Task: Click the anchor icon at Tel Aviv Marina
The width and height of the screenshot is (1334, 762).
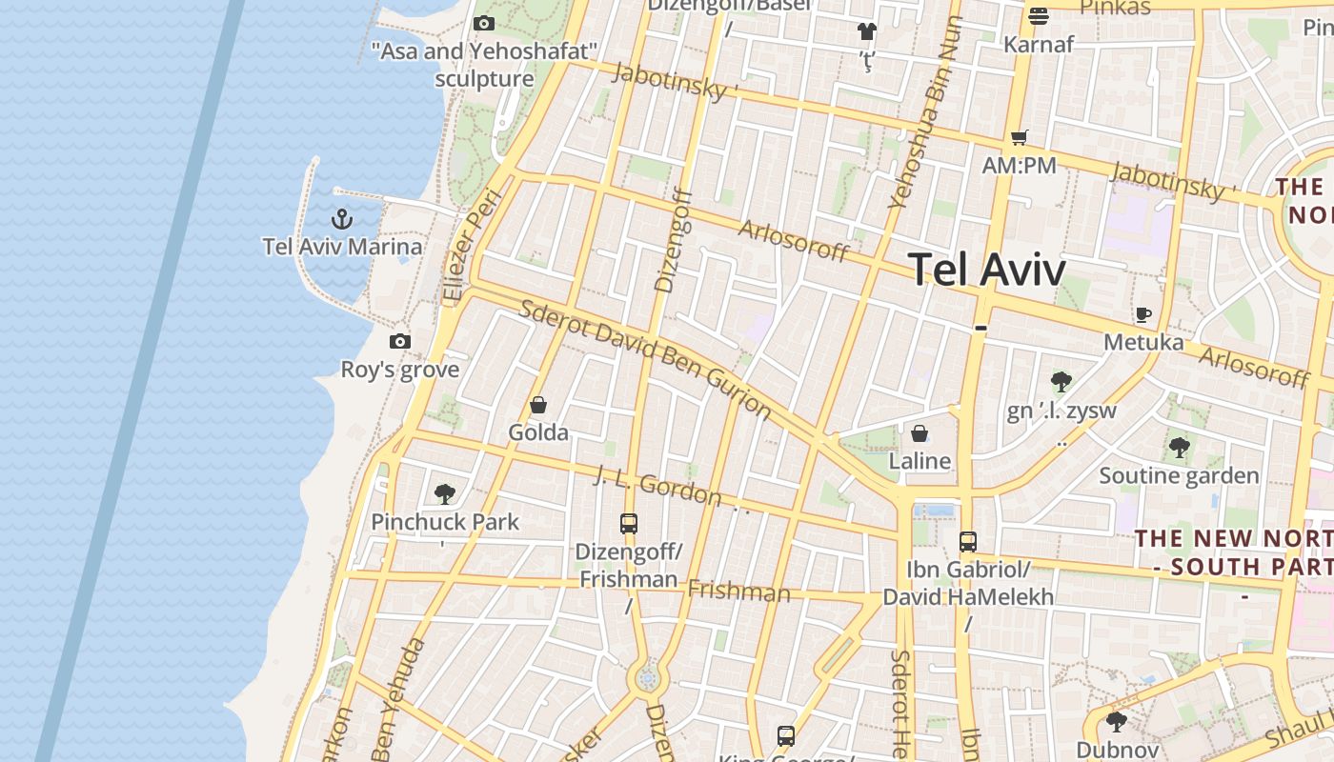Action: click(x=341, y=220)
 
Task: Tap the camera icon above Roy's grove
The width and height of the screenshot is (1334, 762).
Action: click(x=400, y=342)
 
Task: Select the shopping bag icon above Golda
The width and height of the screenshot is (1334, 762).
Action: click(x=538, y=406)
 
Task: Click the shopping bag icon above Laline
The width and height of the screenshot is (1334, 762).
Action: click(x=920, y=434)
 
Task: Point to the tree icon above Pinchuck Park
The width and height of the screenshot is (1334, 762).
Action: click(x=444, y=493)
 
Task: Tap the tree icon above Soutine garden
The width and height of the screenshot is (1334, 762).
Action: click(x=1180, y=447)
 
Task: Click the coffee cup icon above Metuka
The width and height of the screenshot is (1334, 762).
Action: click(x=1143, y=314)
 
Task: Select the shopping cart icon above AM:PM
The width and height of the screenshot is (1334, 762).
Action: click(x=1020, y=138)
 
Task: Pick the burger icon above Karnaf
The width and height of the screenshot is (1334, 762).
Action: click(x=1039, y=16)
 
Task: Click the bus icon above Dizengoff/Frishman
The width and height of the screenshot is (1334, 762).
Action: click(x=629, y=523)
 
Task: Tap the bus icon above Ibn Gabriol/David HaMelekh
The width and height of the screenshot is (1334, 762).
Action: click(x=968, y=542)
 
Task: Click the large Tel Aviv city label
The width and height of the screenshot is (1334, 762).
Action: click(x=986, y=270)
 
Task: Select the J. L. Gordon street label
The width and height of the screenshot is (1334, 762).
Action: click(x=657, y=486)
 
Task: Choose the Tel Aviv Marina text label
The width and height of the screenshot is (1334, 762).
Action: click(x=343, y=248)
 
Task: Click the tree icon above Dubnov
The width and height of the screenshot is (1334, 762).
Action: click(x=1117, y=721)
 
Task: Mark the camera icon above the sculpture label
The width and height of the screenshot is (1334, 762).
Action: click(x=484, y=23)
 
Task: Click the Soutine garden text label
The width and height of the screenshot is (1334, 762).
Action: click(x=1180, y=475)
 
